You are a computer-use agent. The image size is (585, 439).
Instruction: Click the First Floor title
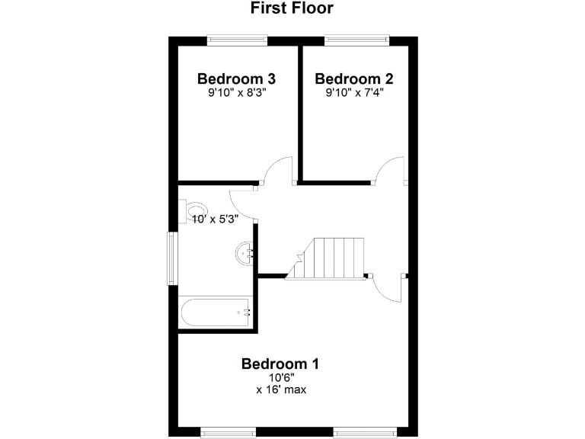(x=292, y=8)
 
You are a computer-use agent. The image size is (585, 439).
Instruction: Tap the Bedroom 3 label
(x=236, y=79)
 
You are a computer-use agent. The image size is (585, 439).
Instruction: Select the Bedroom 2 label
(x=354, y=79)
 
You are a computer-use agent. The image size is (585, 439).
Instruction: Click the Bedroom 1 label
(x=280, y=364)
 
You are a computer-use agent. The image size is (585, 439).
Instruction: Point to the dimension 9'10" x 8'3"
(x=236, y=93)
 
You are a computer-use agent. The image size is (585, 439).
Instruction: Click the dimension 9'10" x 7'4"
(x=354, y=93)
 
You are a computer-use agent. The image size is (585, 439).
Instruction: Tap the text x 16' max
(x=280, y=389)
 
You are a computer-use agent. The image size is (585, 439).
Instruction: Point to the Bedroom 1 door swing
(x=391, y=289)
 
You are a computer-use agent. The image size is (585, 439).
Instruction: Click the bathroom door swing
(x=244, y=205)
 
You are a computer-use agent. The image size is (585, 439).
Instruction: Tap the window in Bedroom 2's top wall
(x=357, y=40)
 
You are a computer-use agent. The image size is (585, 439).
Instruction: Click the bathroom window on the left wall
(x=173, y=259)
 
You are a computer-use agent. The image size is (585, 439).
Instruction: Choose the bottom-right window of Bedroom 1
(x=365, y=432)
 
